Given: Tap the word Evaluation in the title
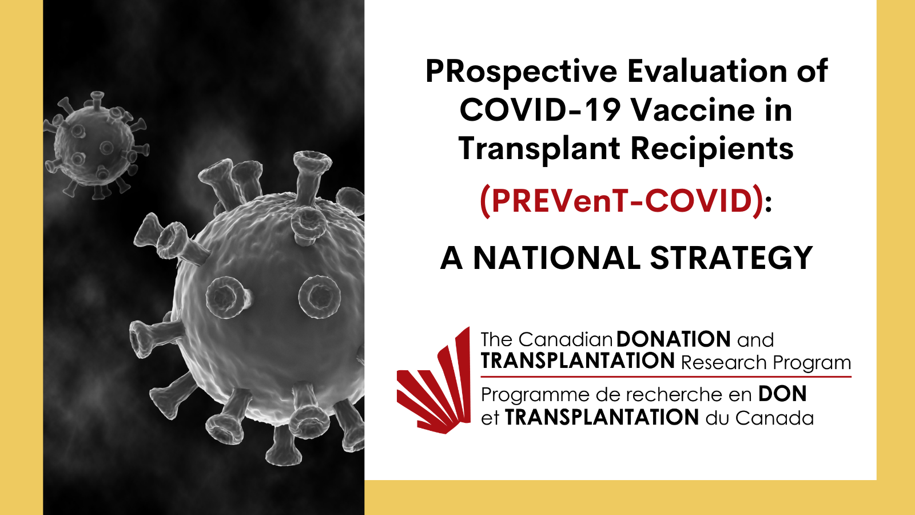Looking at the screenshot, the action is click(x=707, y=71).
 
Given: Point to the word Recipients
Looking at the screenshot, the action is click(x=712, y=149).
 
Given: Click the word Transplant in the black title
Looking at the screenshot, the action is click(x=539, y=149).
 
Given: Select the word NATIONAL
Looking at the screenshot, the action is click(x=557, y=258).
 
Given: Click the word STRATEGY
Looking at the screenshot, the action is click(x=731, y=258).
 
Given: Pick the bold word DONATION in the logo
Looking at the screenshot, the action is click(x=673, y=339).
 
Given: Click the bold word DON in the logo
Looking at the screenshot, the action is click(x=782, y=394).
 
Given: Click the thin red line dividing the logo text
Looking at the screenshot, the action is click(x=666, y=377).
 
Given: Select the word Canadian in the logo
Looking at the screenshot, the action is click(x=566, y=340).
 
